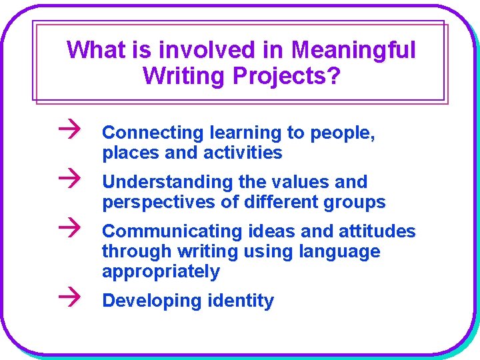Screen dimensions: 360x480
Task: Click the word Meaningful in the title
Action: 353,49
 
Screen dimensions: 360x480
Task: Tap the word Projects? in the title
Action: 287,76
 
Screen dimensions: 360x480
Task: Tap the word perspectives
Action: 159,202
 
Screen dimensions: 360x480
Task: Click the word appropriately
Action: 161,271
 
